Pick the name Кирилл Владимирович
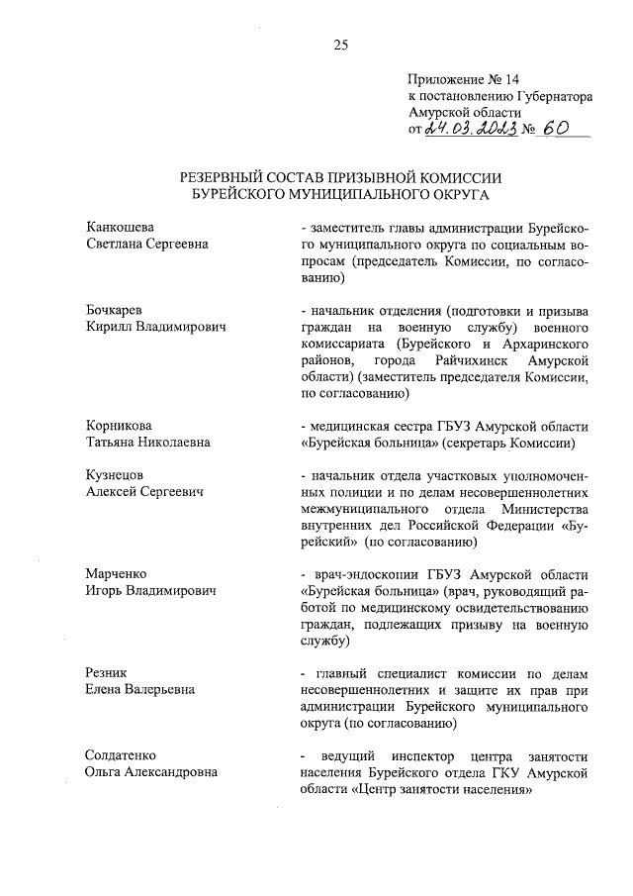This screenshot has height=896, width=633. (157, 327)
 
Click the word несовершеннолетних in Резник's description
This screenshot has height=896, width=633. (358, 691)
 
